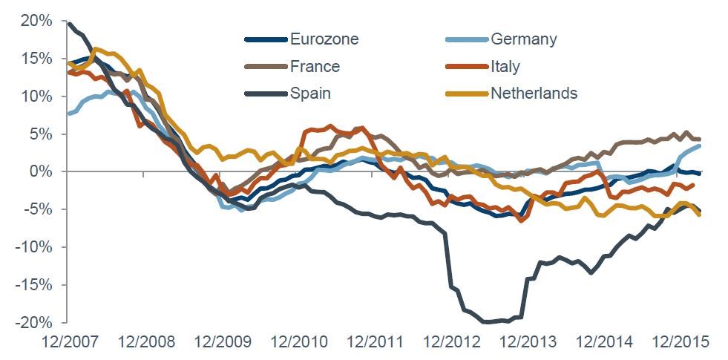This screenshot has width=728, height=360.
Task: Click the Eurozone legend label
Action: click(324, 39)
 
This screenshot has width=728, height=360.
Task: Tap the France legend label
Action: click(315, 67)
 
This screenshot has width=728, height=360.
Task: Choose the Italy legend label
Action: click(505, 67)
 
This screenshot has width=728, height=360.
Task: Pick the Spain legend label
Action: click(311, 94)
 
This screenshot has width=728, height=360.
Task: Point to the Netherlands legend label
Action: click(534, 94)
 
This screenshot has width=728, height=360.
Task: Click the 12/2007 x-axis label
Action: click(69, 343)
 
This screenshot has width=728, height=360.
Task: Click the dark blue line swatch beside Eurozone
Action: click(264, 39)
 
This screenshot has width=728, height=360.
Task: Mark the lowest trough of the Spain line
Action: click(486, 321)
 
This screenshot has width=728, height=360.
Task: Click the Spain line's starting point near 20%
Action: click(69, 24)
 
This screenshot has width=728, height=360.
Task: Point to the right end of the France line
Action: click(699, 140)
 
